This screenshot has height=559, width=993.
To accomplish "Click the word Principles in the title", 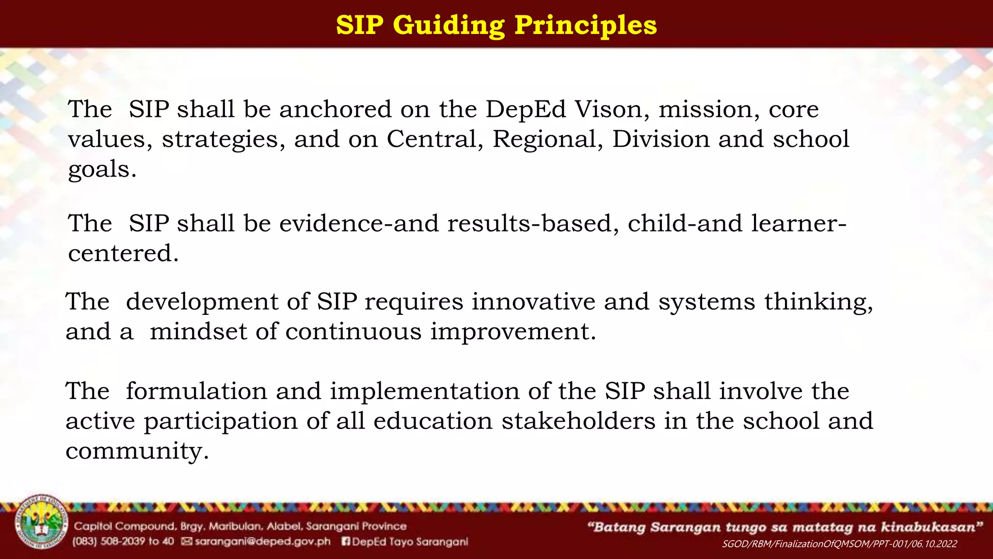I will (585, 25).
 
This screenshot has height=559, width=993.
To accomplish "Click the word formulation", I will (196, 391).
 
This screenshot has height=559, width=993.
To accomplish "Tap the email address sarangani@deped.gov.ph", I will (262, 542).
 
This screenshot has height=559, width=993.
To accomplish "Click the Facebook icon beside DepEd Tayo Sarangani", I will (346, 542).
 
